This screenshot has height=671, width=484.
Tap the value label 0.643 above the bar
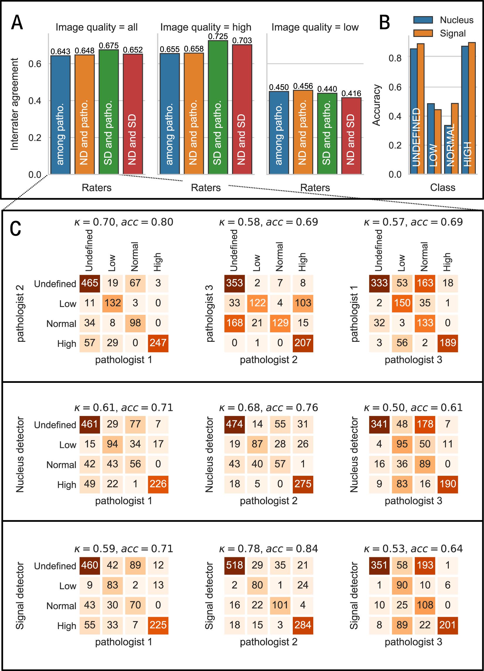60,52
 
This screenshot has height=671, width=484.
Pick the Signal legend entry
452,33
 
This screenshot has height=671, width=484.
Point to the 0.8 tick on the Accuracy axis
395,58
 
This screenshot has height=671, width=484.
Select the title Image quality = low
315,27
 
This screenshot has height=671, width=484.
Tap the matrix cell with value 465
90,283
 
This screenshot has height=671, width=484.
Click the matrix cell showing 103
303,303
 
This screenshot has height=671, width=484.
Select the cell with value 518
234,565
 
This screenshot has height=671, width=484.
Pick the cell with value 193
425,565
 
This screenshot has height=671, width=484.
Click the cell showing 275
303,484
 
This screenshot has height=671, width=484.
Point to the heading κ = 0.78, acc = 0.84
268,548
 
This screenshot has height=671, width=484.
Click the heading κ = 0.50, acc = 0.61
413,407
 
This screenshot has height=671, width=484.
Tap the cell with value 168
234,323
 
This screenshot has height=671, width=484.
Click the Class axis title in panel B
443,188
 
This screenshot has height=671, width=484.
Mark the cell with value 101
280,605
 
